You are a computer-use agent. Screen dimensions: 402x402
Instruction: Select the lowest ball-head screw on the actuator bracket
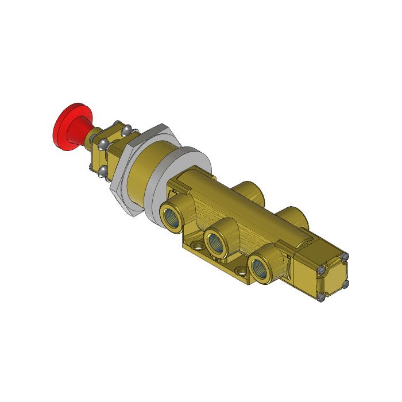click(103, 172)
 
